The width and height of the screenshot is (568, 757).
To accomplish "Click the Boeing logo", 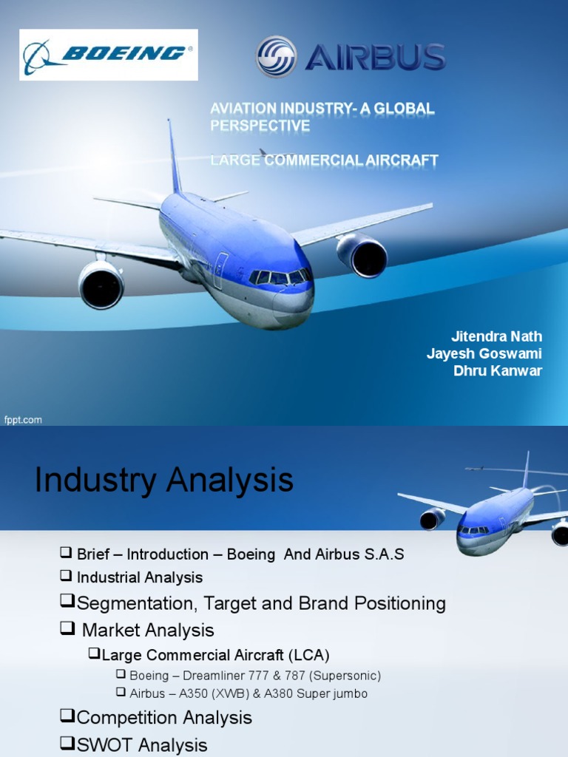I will click(x=108, y=54).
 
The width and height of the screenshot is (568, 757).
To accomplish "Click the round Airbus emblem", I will click(x=276, y=57).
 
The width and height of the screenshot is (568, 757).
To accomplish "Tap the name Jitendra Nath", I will click(x=496, y=337).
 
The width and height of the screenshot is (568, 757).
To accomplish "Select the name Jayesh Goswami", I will click(x=484, y=354).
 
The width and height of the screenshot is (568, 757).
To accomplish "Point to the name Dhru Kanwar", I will click(x=498, y=371).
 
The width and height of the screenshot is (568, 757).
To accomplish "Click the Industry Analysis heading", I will click(x=163, y=481).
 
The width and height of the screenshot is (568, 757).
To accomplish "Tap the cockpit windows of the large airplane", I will click(x=280, y=278).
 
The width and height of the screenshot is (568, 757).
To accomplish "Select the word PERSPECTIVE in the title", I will click(x=260, y=126).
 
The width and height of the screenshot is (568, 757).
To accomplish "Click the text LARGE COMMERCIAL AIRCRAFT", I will click(x=324, y=160).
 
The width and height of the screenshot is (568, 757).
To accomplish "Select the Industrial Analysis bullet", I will click(x=139, y=577).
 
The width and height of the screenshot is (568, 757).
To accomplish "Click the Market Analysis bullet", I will click(x=147, y=630).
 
